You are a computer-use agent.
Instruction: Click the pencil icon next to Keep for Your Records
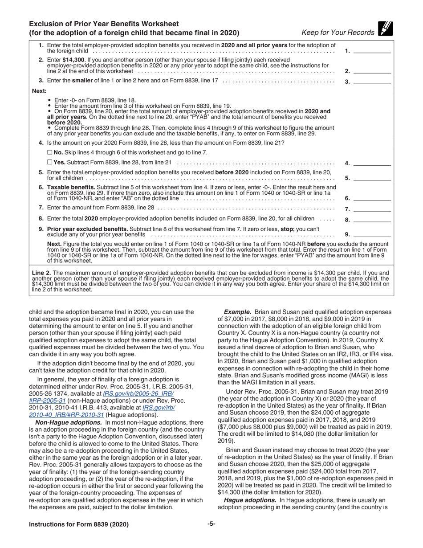pos(385,29)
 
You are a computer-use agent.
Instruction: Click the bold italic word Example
pos(237,312)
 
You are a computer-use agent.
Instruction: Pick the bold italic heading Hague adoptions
pos(249,500)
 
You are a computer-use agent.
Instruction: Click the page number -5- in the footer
pos(211,524)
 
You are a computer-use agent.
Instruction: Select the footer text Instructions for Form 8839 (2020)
pos(79,524)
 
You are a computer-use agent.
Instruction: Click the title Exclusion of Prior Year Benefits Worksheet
pos(104,24)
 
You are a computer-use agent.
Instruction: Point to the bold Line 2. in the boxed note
pos(42,273)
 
